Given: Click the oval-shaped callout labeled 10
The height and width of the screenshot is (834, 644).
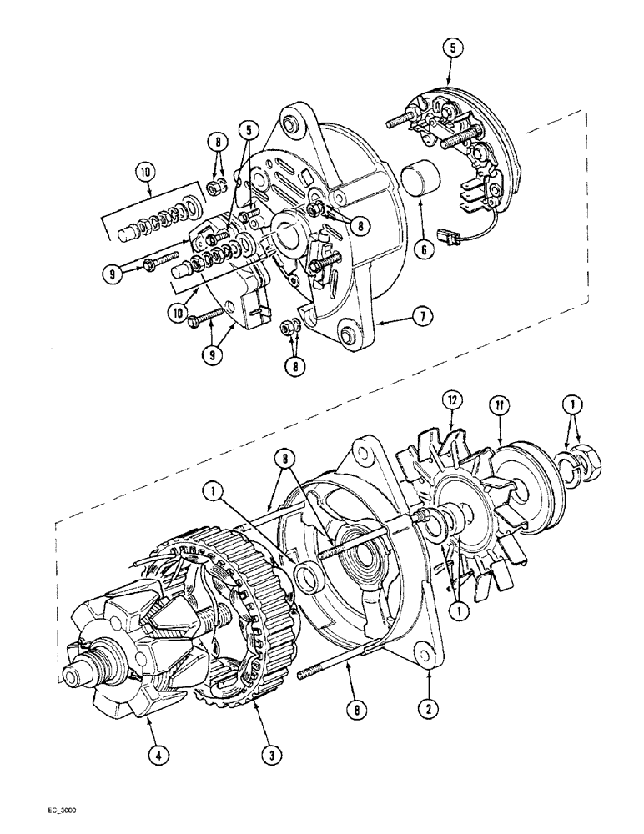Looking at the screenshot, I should (x=148, y=173).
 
